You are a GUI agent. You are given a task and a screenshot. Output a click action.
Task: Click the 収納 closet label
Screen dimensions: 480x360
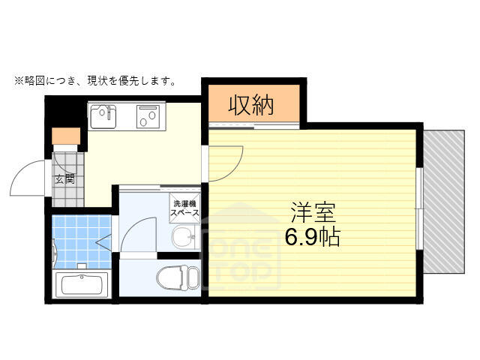(251, 105)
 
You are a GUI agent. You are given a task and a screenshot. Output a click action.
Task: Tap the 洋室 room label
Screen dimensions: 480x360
(313, 212)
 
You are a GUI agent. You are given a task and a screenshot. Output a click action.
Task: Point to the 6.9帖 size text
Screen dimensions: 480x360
(313, 237)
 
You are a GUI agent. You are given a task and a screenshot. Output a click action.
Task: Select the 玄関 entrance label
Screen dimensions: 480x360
(65, 179)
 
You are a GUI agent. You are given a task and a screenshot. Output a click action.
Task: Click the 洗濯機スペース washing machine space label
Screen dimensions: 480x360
(185, 208)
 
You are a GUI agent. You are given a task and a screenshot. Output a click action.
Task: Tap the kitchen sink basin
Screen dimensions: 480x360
(103, 117)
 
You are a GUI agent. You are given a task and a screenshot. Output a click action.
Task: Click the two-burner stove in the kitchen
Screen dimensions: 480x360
(148, 116)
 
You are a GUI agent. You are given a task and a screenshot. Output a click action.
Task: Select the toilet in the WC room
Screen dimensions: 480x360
(178, 277)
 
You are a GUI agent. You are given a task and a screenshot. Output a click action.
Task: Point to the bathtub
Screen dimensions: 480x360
(82, 285)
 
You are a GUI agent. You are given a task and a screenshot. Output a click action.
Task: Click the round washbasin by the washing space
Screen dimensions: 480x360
(184, 237)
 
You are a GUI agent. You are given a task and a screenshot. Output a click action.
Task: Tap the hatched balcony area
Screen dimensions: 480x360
(444, 202)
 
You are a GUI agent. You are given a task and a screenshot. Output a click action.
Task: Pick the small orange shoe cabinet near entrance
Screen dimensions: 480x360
(66, 136)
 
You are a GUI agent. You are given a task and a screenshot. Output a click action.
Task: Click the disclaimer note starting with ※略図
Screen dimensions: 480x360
(95, 81)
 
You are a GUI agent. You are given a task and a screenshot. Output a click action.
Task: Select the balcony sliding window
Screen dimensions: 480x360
(420, 208)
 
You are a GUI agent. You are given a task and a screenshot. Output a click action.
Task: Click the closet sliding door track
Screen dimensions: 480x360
(253, 126)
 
